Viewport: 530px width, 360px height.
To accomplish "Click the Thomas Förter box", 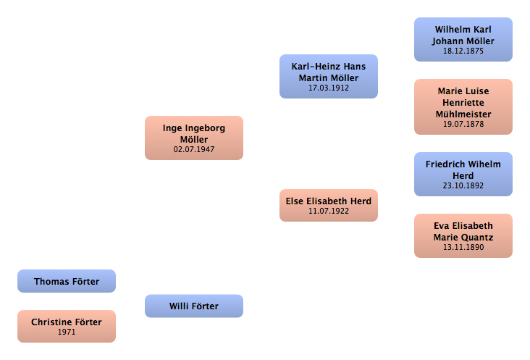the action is coord(67,281).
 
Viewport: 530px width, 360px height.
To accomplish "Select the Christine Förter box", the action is coord(67,326).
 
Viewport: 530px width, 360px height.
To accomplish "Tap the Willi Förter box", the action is coord(194,306).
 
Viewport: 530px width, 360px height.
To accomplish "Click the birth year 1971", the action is coord(67,332).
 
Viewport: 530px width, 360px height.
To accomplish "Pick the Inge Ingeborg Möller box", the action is coord(194,138).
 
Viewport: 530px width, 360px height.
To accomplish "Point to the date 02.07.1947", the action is coord(194,149).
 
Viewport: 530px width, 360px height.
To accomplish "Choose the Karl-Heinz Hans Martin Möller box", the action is coord(329,76).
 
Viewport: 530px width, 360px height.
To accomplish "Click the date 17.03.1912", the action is coord(329,88).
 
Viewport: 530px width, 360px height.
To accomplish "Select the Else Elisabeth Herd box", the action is coord(329,205).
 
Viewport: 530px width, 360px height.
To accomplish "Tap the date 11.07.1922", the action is coord(329,211).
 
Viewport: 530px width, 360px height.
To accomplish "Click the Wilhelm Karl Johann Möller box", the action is coord(463,40).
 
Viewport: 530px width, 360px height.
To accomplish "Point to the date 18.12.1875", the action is coord(463,51).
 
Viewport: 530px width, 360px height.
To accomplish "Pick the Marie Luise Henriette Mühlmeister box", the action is coord(463,106).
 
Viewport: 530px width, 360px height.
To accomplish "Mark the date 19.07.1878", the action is coord(463,124).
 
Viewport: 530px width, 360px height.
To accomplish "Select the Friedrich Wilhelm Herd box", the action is coord(463,174).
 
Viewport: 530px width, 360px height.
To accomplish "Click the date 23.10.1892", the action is coord(463,185).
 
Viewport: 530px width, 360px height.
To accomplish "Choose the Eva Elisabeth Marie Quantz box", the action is coord(463,235).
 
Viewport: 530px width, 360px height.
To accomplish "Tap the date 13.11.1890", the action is coord(463,247).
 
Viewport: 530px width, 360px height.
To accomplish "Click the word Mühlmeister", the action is coord(463,114).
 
